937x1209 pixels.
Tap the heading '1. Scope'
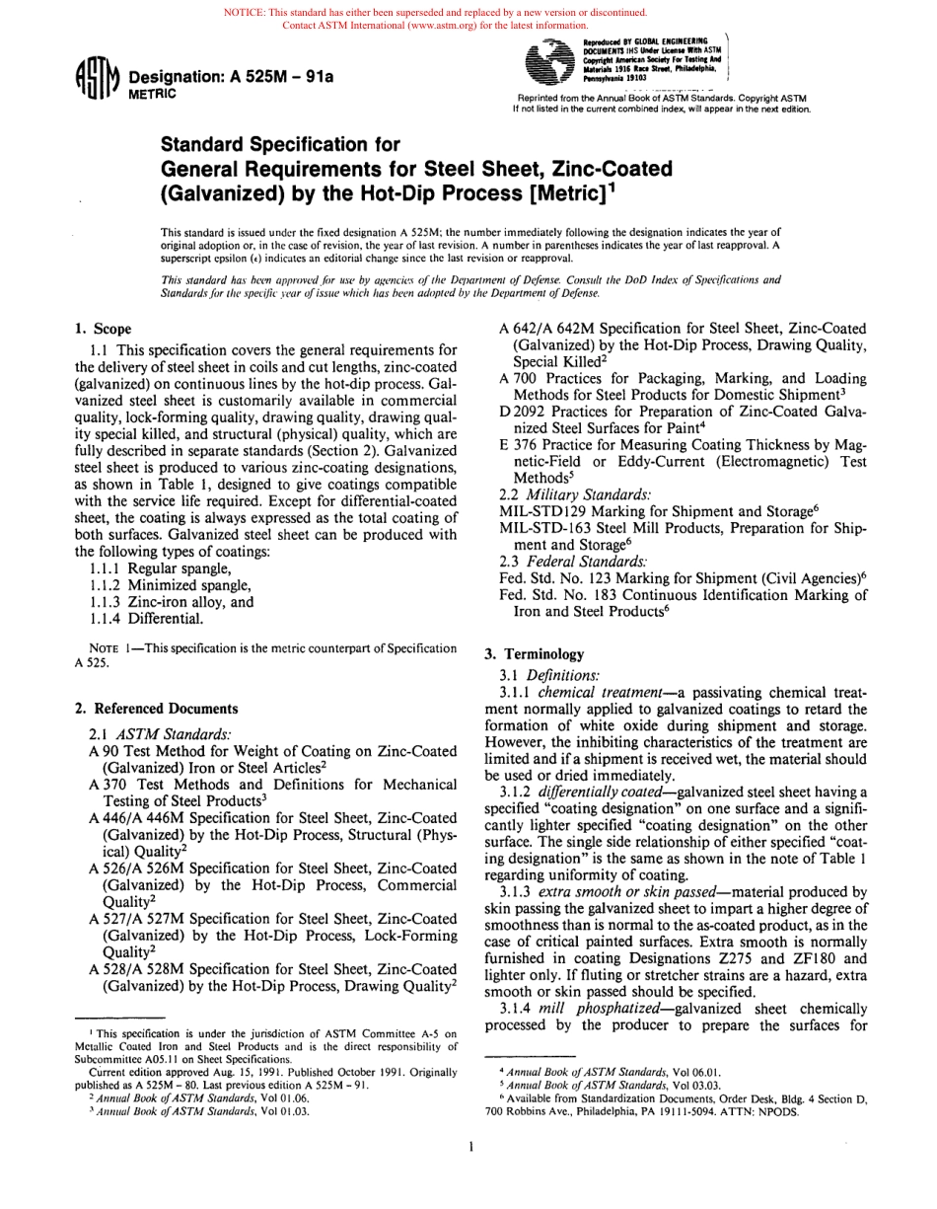click(104, 329)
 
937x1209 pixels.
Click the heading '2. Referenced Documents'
click(156, 709)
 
